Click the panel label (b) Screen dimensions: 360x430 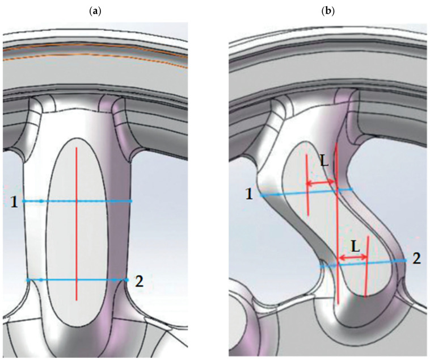[x=328, y=10]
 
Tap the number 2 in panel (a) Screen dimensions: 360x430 [x=139, y=281]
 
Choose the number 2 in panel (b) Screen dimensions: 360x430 [x=416, y=260]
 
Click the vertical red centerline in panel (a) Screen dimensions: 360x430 [x=77, y=221]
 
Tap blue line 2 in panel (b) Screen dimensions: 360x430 [x=363, y=263]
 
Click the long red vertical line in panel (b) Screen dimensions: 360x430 [x=337, y=227]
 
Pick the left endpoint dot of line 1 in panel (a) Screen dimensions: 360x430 [x=24, y=202]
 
